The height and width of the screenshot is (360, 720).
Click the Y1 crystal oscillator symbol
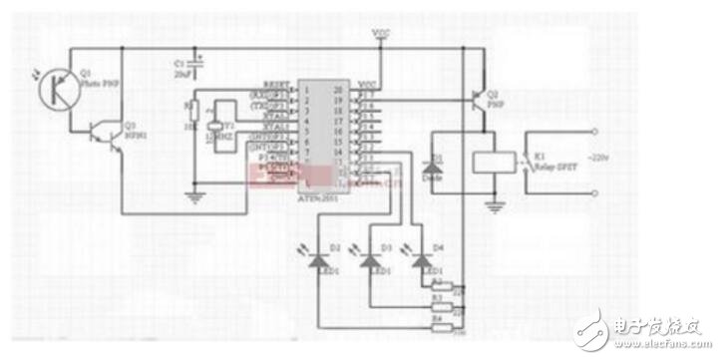tap(212, 129)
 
